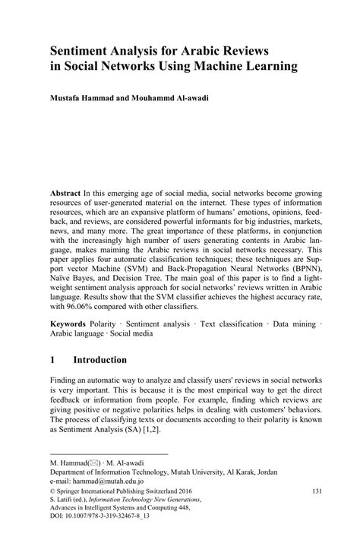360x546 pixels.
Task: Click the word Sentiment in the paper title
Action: (85, 50)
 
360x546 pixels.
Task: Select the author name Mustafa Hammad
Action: (87, 99)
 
